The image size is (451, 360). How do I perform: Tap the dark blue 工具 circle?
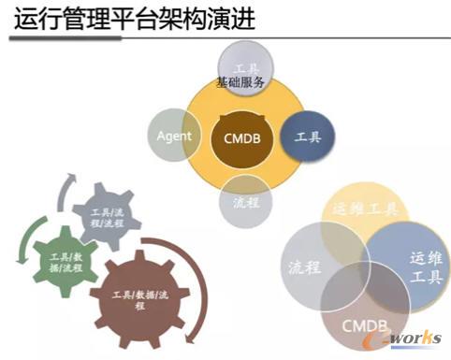click(306, 137)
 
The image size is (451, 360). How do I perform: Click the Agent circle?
click(174, 137)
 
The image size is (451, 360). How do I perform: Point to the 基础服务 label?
click(241, 82)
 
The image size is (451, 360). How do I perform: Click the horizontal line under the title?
click(225, 38)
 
